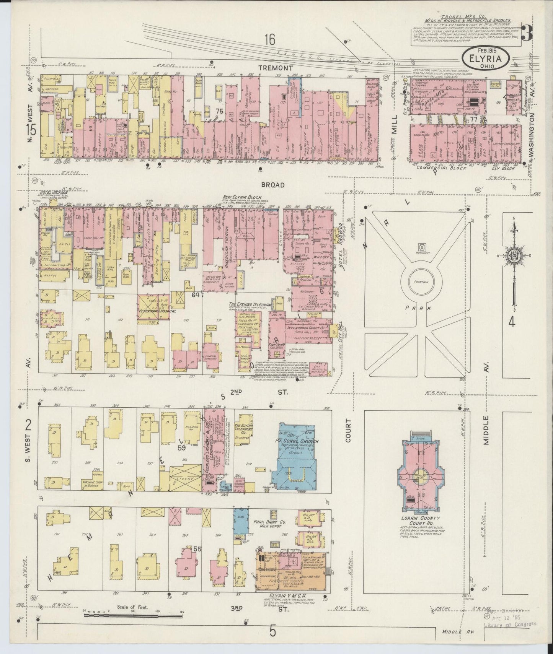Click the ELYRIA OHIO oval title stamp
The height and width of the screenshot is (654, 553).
(486, 59)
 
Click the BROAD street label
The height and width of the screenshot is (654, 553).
(273, 185)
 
